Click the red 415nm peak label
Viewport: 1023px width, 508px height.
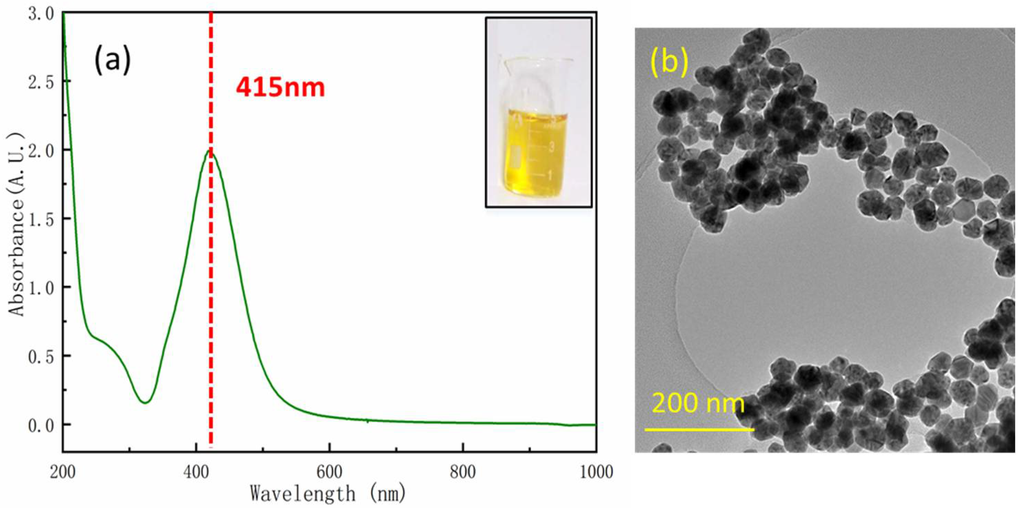point(280,88)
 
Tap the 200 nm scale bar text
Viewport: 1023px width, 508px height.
point(698,403)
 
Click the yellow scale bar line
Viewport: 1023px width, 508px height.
point(699,429)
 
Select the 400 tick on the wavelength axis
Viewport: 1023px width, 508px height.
point(196,472)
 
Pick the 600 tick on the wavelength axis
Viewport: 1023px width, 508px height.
point(329,472)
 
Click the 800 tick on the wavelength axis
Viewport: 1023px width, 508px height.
point(463,472)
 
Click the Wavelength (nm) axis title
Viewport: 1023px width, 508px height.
point(328,494)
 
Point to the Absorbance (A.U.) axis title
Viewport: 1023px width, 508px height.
point(17,225)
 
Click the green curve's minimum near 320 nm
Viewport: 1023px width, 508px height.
point(145,402)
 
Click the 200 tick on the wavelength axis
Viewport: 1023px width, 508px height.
point(63,472)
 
